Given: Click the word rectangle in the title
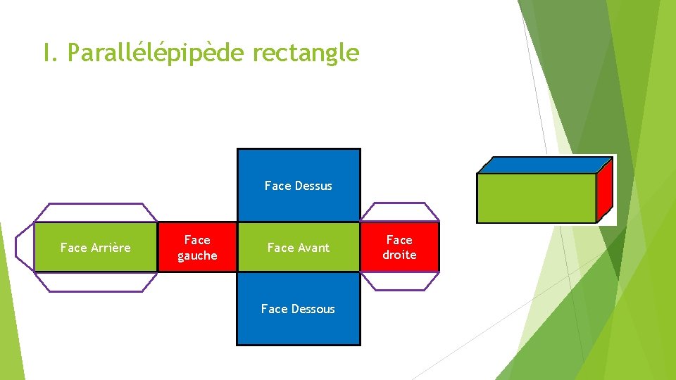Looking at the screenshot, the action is click(x=305, y=53).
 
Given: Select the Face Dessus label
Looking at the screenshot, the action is click(x=298, y=186).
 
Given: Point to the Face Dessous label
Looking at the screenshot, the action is click(x=298, y=309).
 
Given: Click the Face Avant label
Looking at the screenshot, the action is click(x=298, y=248).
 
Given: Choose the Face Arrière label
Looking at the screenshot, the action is click(x=95, y=248).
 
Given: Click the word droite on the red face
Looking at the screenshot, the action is click(x=399, y=255).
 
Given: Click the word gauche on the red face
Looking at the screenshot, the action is click(x=197, y=255).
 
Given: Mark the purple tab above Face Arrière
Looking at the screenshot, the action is click(x=96, y=213).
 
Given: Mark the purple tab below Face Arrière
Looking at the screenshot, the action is click(x=96, y=281).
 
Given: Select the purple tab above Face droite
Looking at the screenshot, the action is click(x=400, y=213).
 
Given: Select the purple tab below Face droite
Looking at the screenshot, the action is click(x=400, y=281).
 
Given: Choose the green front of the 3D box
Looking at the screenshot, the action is click(x=536, y=198).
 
